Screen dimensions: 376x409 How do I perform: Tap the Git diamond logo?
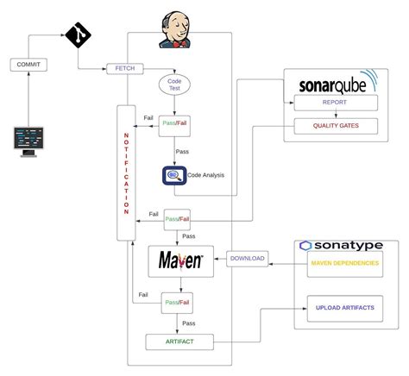78,36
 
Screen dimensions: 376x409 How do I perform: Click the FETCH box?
124,68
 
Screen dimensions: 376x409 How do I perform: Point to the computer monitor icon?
28,141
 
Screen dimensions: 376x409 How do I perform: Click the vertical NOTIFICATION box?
126,172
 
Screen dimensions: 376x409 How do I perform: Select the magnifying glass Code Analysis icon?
175,175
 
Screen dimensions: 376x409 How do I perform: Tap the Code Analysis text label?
207,175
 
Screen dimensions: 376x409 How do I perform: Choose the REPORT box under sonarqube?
335,103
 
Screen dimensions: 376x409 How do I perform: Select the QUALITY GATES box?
335,125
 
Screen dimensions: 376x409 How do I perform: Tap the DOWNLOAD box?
248,259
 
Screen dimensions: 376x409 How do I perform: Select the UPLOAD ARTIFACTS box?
344,308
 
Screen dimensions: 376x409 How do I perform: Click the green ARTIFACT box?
180,342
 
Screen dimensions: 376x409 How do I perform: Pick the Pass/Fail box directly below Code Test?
176,122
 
